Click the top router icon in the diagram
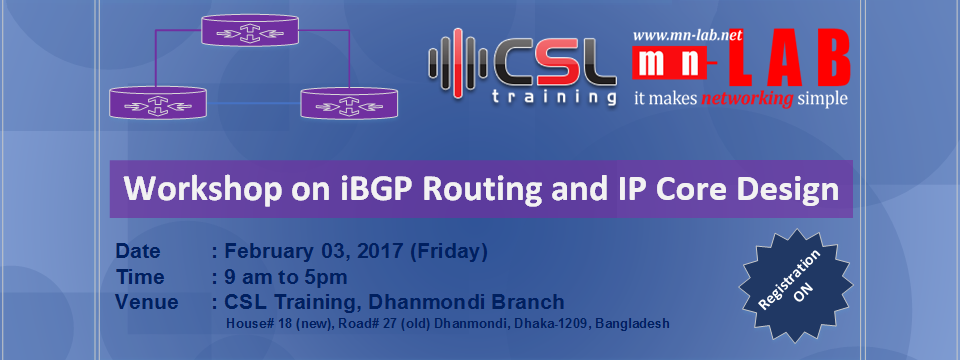(x=251, y=29)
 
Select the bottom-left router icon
(x=158, y=103)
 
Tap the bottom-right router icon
(x=349, y=103)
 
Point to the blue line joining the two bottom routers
(x=253, y=103)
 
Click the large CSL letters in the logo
(x=553, y=63)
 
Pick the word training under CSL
(x=554, y=97)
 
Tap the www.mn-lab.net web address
(x=687, y=35)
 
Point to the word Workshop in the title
(x=192, y=189)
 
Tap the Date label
(x=138, y=252)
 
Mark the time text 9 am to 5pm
(x=286, y=277)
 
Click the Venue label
(x=147, y=302)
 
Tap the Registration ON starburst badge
(x=795, y=285)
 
